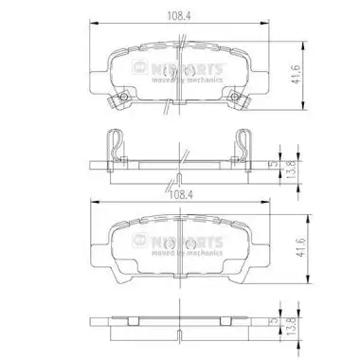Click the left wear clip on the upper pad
(x=119, y=101)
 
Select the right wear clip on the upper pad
(x=238, y=101)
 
